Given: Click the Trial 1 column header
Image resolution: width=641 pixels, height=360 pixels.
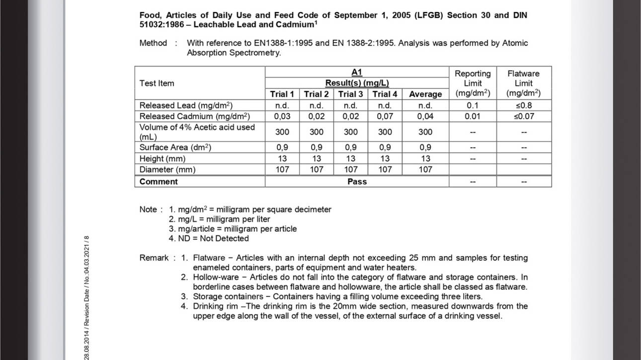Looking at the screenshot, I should coord(282,94).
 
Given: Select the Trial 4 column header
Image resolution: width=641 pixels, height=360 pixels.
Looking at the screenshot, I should coord(385,94).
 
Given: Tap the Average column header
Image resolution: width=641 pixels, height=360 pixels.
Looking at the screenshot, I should coord(425,94).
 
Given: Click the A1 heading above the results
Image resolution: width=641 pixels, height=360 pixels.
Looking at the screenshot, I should coord(357,72).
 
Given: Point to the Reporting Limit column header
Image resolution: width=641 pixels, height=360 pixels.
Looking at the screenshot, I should coord(473,83).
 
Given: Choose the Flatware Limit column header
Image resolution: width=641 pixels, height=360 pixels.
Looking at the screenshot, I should coord(523,83).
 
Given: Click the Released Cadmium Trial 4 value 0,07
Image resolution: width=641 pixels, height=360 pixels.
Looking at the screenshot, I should coord(385,116).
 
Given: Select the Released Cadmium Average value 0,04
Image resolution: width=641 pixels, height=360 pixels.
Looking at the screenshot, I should coord(425,116).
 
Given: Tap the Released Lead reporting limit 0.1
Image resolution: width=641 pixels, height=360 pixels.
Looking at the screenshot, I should coord(473,105).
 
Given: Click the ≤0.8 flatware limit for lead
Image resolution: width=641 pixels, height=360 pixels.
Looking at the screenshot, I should coord(523,105).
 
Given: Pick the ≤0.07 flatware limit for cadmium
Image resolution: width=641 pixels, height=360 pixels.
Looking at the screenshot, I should coord(523,116).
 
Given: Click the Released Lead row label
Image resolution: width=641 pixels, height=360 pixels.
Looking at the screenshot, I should coord(186,105).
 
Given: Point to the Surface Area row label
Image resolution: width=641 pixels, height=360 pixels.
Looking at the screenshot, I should coord(175,147).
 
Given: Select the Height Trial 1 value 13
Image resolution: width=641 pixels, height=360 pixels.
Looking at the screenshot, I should coord(282,158).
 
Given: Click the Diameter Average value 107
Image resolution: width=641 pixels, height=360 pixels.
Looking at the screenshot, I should coord(425,169).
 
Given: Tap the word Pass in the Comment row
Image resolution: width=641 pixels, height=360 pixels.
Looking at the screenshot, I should coord(357,182).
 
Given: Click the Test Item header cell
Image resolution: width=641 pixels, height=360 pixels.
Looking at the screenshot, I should coord(157,83).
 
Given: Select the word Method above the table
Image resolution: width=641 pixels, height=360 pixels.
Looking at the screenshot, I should coord(153,43).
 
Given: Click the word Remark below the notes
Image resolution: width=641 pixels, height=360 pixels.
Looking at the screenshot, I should coord(154,258).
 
